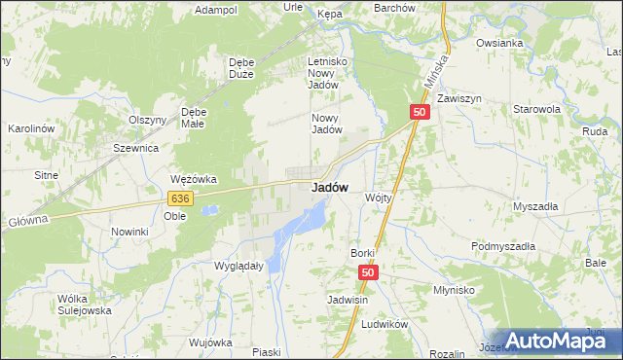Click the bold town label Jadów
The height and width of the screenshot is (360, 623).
point(330,188)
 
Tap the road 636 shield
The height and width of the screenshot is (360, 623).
point(178,198)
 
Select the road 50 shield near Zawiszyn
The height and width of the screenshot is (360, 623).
point(420,113)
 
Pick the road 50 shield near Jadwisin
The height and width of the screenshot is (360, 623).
point(367,274)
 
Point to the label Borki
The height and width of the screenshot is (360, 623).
point(362,253)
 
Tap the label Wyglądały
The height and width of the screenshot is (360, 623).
point(238,265)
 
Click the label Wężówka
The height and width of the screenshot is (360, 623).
point(193,179)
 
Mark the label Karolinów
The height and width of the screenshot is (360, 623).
point(30,128)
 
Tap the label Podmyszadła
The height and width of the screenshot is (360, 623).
point(503,246)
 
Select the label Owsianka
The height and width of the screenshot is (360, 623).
point(500,43)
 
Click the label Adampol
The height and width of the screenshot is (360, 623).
point(216,10)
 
